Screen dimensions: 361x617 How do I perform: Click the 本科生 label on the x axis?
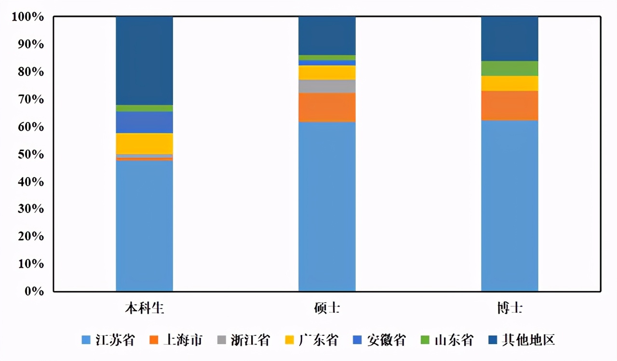pyautogui.click(x=145, y=308)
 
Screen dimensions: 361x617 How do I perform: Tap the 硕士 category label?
pyautogui.click(x=327, y=308)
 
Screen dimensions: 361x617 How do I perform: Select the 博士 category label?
pyautogui.click(x=510, y=308)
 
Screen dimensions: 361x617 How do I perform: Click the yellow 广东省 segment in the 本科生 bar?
pyautogui.click(x=144, y=143)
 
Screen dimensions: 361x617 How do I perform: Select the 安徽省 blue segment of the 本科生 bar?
pyautogui.click(x=144, y=122)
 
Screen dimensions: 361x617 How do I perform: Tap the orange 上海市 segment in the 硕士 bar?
pyautogui.click(x=327, y=107)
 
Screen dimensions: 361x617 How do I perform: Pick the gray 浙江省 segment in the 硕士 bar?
pyautogui.click(x=327, y=86)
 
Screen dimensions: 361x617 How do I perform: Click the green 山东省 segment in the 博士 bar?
pyautogui.click(x=510, y=69)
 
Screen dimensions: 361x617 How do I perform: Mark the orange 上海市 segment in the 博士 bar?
pyautogui.click(x=510, y=105)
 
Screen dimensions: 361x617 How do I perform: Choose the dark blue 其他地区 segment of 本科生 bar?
pyautogui.click(x=144, y=60)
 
